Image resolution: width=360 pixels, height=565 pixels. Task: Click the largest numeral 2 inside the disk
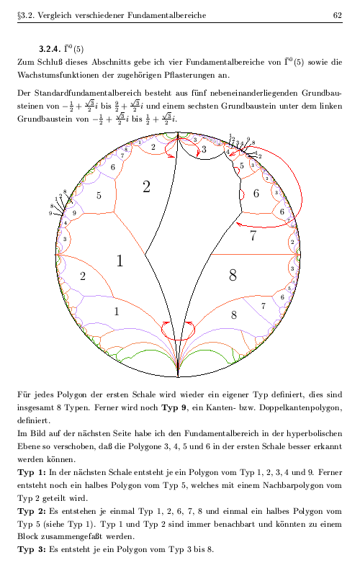[x=146, y=187]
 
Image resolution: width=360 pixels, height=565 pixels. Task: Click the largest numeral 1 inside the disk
[x=120, y=261]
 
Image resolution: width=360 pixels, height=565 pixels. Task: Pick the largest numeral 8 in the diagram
[x=233, y=274]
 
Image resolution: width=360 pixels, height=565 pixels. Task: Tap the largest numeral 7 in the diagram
[x=253, y=235]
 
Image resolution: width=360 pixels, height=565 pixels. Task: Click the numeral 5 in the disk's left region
[x=99, y=195]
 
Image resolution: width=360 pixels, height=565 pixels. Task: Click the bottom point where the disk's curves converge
[x=178, y=375]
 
